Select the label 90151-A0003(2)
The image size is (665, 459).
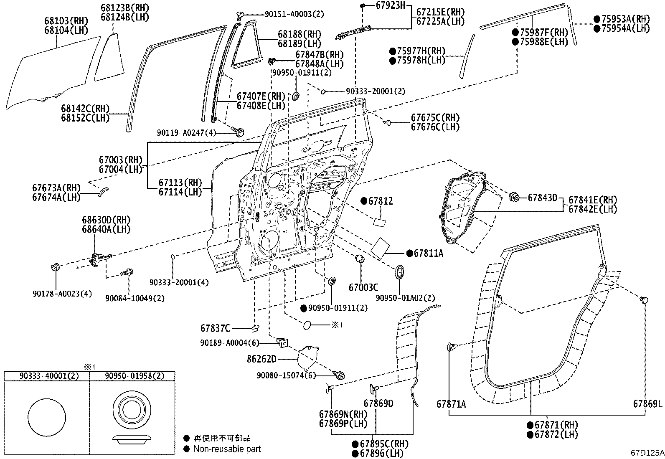tap(294, 14)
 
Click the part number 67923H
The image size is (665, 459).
tap(390, 5)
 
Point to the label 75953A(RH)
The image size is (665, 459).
tap(626, 19)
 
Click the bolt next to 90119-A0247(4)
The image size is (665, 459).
tap(239, 132)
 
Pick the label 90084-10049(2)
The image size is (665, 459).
tap(135, 298)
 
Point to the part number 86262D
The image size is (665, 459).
tap(261, 359)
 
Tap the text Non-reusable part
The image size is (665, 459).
tap(226, 449)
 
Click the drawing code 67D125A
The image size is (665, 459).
tap(647, 453)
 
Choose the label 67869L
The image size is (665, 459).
tap(647, 404)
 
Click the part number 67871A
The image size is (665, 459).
tap(451, 404)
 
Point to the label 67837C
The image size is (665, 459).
tap(215, 329)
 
